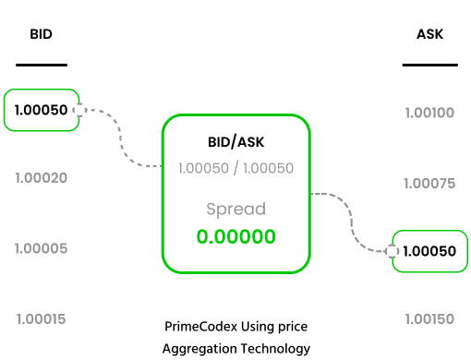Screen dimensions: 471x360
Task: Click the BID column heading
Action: click(x=41, y=34)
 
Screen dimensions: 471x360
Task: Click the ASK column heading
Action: click(x=429, y=34)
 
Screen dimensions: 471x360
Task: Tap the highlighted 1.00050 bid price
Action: click(x=41, y=110)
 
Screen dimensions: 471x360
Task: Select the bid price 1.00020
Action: click(x=42, y=178)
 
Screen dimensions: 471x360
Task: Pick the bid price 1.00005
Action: click(x=41, y=248)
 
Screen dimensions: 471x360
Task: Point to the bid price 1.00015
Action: click(x=41, y=319)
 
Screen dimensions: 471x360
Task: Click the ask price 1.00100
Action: click(x=429, y=113)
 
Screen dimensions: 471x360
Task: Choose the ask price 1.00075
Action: click(x=429, y=184)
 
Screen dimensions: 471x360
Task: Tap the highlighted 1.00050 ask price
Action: click(x=429, y=251)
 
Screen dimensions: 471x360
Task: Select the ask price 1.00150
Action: click(x=429, y=319)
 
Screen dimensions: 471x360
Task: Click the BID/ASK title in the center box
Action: click(x=236, y=142)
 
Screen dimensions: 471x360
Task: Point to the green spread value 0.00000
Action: click(x=236, y=236)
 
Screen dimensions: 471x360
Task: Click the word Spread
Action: click(x=236, y=210)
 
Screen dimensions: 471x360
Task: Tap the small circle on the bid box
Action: click(x=79, y=110)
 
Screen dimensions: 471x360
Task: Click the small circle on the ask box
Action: click(x=392, y=251)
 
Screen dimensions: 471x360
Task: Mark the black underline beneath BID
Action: click(x=42, y=65)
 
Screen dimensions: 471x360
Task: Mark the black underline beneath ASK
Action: click(x=430, y=65)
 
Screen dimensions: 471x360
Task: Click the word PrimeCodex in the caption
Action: click(x=201, y=327)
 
